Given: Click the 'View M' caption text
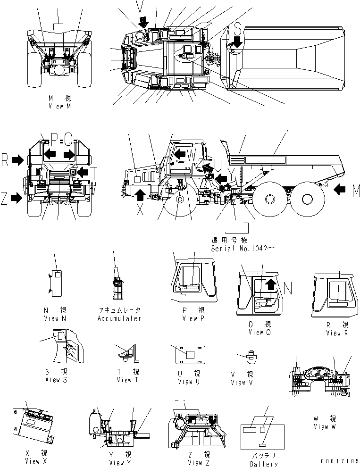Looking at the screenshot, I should [x=59, y=107].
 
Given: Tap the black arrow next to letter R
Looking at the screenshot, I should [x=18, y=161].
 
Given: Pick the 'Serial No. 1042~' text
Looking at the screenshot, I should [x=243, y=249].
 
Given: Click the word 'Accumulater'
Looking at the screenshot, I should [x=119, y=318].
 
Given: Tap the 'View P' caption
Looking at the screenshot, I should [x=193, y=318].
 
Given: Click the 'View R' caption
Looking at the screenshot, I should [x=336, y=333].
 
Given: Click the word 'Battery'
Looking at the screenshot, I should [x=265, y=464].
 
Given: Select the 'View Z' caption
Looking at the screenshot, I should [x=198, y=463].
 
